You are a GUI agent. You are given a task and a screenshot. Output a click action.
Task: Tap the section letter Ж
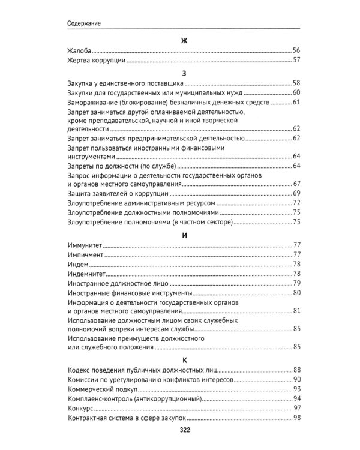184,41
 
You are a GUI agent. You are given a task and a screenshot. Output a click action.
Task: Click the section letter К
184,360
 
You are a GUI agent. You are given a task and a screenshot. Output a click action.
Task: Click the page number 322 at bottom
184,430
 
